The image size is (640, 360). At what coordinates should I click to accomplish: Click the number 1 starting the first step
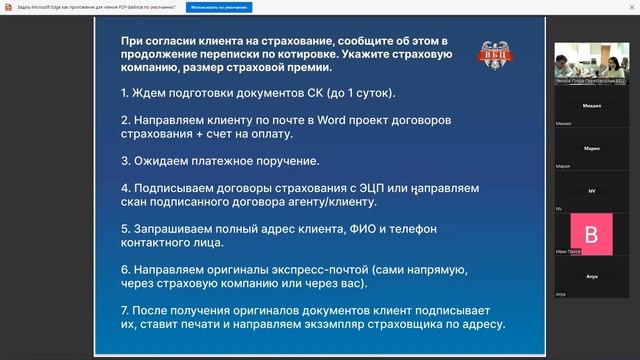pos(124,93)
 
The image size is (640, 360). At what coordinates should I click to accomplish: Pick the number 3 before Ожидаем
pos(124,159)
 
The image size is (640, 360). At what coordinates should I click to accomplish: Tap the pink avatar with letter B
pos(591,235)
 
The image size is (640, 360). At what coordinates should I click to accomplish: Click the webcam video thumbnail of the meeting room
pos(591,62)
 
